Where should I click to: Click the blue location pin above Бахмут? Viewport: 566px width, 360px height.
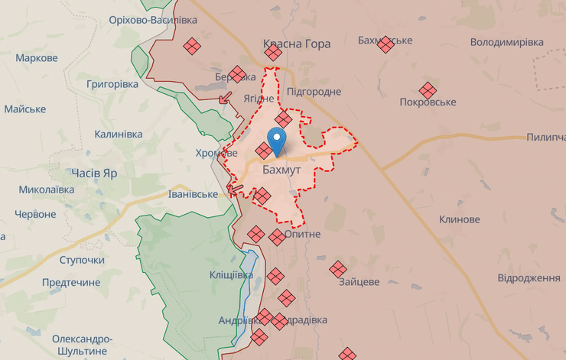point(277,141)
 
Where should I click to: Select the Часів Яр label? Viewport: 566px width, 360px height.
point(94,172)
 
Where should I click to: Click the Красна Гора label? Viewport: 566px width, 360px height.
point(297,44)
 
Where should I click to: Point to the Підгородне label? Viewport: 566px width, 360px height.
point(314,91)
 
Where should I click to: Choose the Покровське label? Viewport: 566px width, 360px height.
point(428,102)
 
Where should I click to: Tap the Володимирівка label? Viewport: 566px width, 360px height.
point(506,41)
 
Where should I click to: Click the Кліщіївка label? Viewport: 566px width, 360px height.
point(231,274)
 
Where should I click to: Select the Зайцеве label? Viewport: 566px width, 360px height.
point(359,281)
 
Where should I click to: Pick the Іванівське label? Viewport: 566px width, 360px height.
point(193,194)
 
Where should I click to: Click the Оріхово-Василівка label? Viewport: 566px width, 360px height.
point(153,19)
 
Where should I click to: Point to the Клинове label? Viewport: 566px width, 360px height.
point(459,219)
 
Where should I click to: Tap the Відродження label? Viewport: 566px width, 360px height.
point(529,277)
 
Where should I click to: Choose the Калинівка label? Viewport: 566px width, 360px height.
point(118,134)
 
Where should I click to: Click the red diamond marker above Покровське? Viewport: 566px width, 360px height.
point(427,89)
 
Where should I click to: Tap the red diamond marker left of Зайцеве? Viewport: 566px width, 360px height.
point(338,268)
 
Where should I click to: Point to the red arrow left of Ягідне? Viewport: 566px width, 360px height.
point(226,97)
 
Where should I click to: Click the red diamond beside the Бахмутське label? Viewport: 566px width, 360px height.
point(386,44)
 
